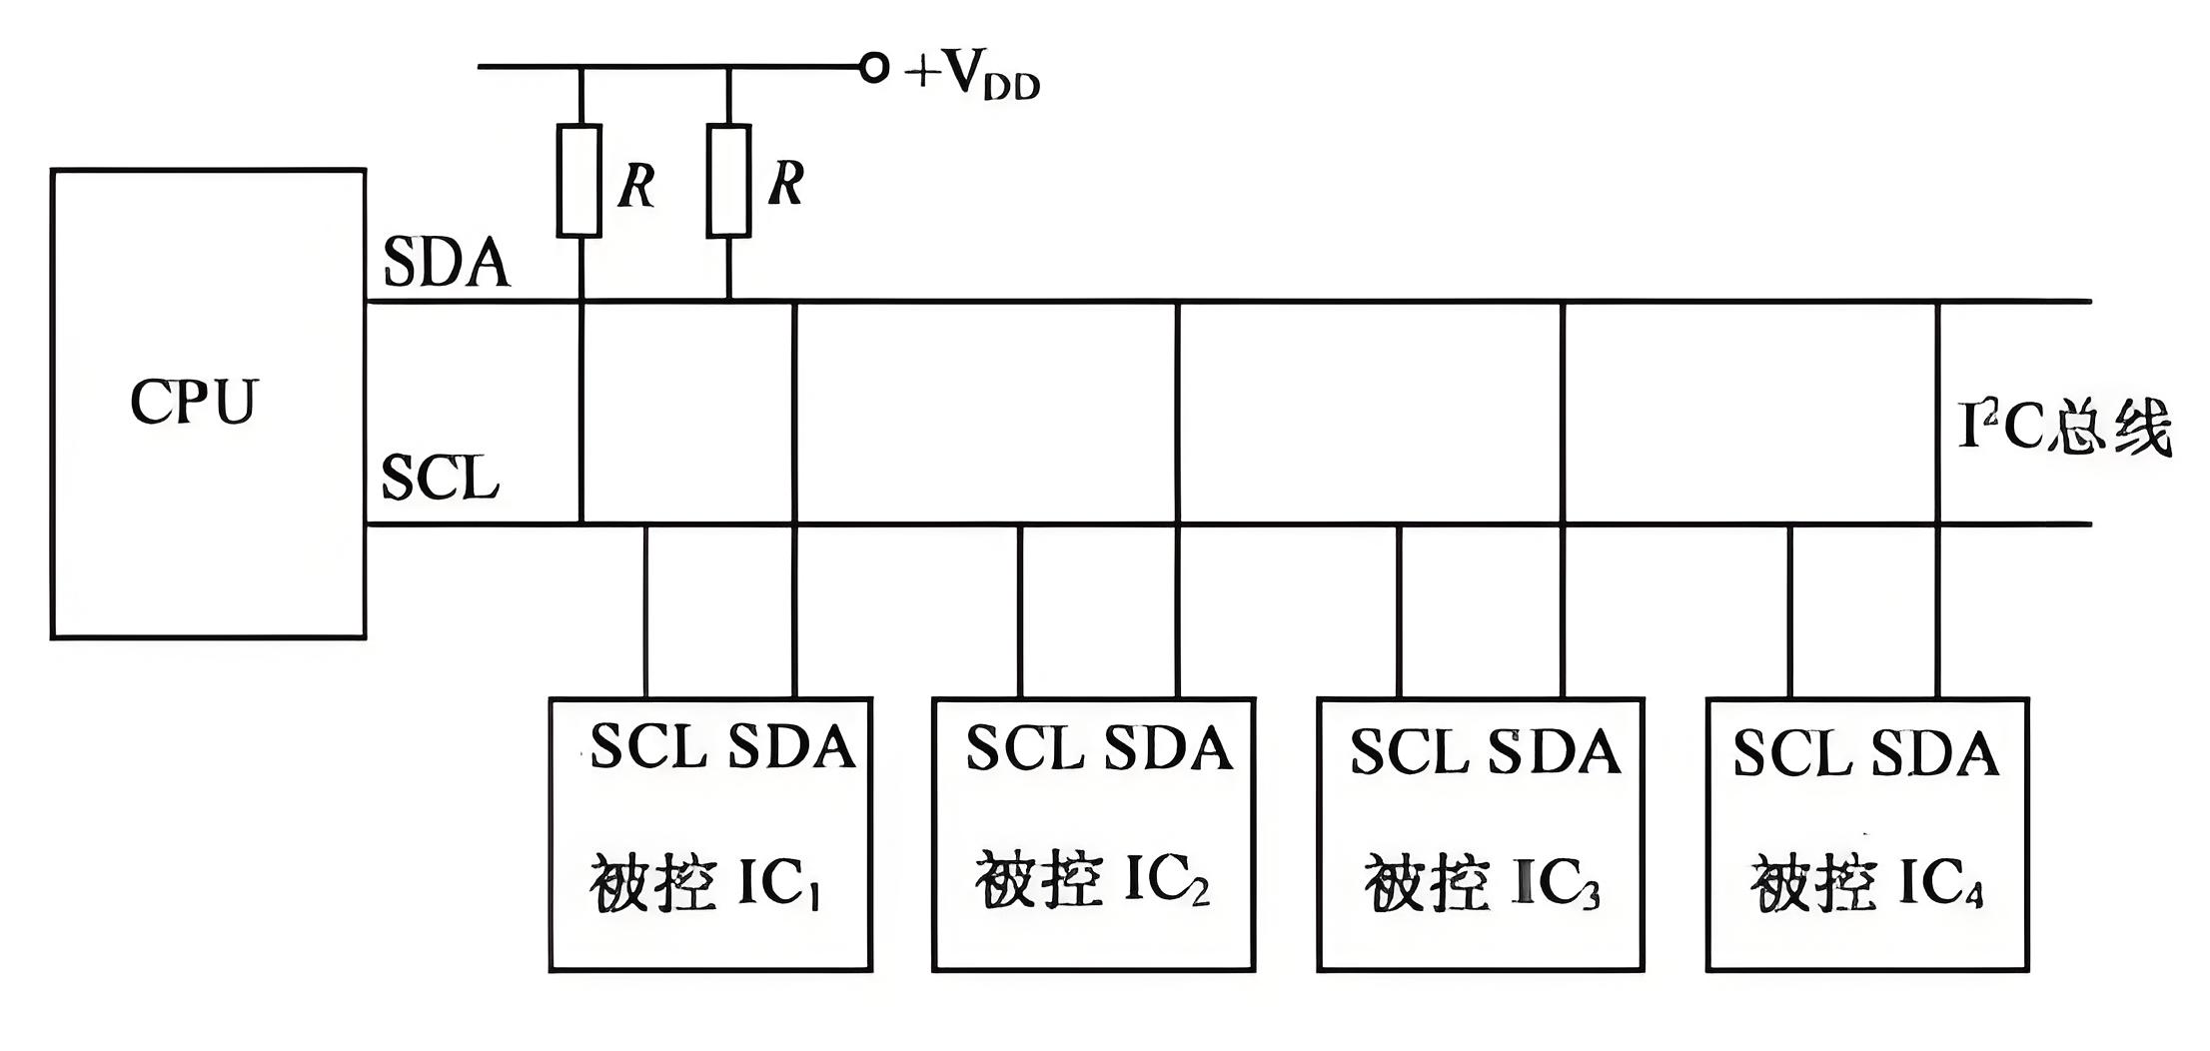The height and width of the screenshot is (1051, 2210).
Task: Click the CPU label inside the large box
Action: [194, 402]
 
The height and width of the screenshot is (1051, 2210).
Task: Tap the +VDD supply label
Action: [972, 75]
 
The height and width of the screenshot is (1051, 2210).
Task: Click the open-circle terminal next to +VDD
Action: [873, 68]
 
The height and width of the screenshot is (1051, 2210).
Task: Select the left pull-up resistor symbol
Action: [579, 181]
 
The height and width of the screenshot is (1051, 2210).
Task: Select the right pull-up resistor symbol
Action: [728, 181]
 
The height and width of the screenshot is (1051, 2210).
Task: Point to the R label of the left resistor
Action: [636, 186]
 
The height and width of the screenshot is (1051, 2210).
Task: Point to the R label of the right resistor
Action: [786, 184]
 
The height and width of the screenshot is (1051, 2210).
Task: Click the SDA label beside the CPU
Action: [446, 264]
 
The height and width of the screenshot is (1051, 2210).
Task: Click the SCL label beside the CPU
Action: [440, 478]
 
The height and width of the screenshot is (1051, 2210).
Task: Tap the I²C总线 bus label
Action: [2064, 428]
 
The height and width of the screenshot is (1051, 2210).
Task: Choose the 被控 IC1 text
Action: [705, 883]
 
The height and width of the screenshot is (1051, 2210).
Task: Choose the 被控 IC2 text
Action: [1092, 880]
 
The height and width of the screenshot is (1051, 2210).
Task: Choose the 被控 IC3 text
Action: [1482, 883]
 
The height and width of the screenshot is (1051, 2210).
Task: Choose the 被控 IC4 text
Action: [1866, 883]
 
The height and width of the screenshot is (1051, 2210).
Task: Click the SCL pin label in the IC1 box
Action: [647, 746]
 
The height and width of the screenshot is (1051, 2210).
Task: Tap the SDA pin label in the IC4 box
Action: [1934, 754]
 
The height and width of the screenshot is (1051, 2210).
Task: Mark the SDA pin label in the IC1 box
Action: [791, 746]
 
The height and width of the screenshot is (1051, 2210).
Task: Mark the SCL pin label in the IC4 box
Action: [1791, 754]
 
